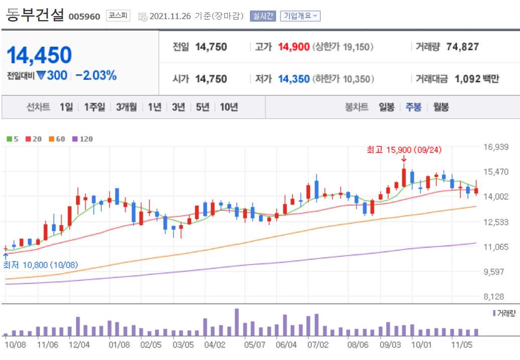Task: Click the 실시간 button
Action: pos(263,16)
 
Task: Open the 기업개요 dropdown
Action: pos(300,16)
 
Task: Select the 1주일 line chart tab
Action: pos(94,107)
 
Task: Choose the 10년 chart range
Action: pos(228,107)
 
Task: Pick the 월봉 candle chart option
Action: pos(441,107)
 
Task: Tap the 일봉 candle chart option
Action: pos(386,107)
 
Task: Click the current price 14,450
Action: pos(40,55)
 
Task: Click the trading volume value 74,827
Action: pos(462,47)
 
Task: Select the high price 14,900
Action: pos(294,47)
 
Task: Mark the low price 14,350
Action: pos(294,79)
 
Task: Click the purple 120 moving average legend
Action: pos(83,139)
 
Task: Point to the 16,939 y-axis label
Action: pos(496,147)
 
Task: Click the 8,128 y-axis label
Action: pos(496,297)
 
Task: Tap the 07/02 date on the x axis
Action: pos(318,345)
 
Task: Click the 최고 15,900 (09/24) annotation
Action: pos(404,150)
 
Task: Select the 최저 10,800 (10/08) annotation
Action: pos(41,265)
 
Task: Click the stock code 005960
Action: pos(85,17)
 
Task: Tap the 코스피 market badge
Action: pos(118,16)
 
